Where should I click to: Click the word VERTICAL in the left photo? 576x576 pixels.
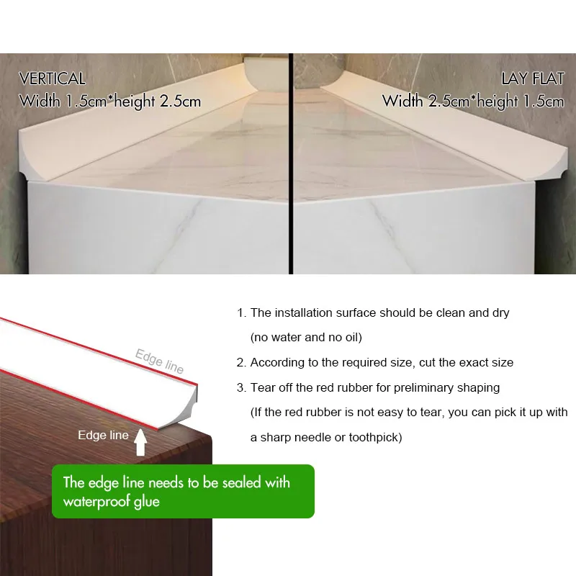click(x=52, y=78)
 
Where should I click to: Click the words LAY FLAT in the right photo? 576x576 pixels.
click(x=533, y=78)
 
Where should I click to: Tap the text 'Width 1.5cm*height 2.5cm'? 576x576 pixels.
click(x=110, y=101)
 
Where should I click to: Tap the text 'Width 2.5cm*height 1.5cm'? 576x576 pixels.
click(x=473, y=101)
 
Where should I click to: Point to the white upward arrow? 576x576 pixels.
click(x=140, y=444)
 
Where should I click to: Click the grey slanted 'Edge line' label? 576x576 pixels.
click(x=159, y=360)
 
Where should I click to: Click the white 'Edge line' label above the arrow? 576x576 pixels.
click(x=103, y=435)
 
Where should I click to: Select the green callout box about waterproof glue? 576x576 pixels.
click(x=183, y=491)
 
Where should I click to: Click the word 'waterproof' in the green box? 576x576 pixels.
click(x=91, y=501)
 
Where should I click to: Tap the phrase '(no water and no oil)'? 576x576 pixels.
click(x=305, y=338)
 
